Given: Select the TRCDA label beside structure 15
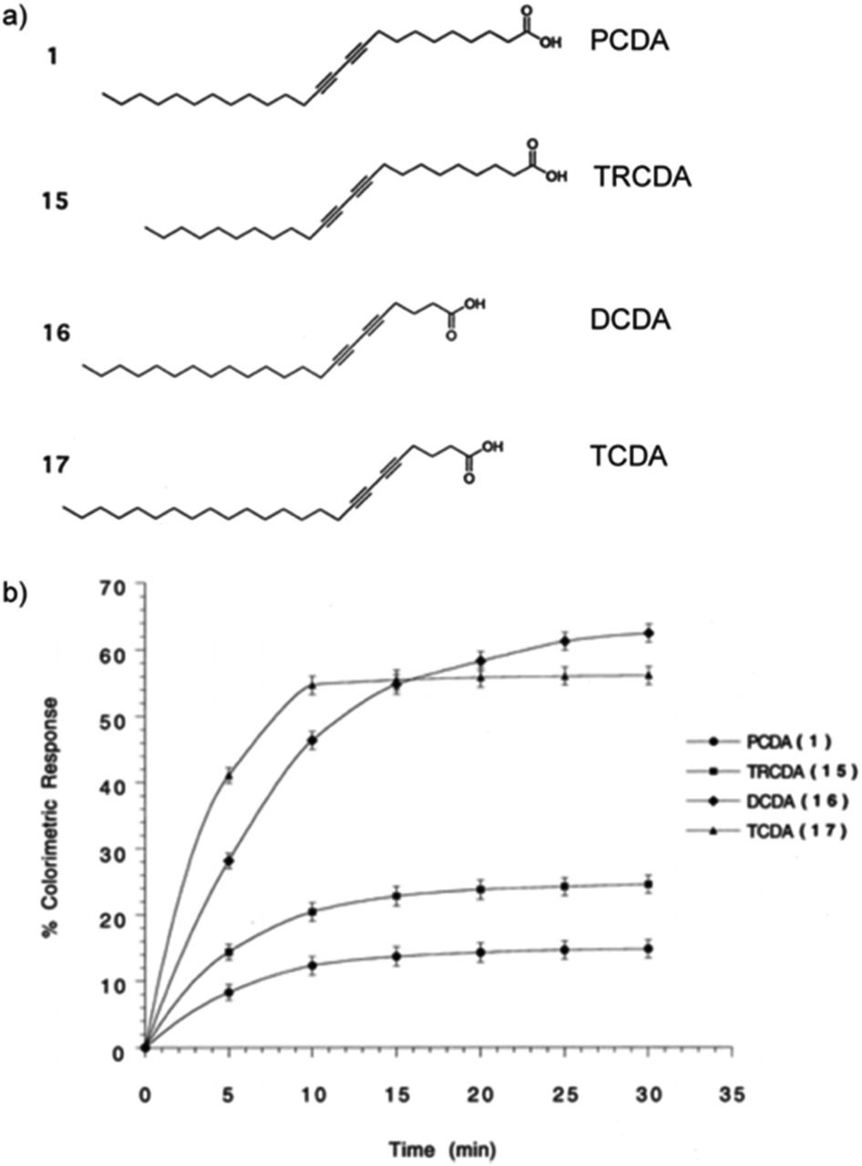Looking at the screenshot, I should [642, 176].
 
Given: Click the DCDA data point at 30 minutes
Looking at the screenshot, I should [648, 633].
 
